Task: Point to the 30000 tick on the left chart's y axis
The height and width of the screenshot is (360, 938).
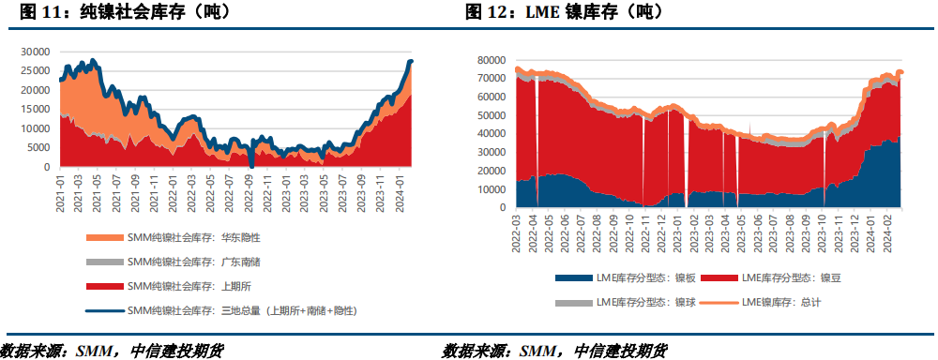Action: point(36,52)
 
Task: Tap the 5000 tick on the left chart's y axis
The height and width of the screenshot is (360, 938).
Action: point(38,147)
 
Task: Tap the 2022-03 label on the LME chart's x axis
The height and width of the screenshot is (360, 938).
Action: point(519,233)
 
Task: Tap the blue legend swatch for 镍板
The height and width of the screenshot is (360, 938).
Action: point(574,278)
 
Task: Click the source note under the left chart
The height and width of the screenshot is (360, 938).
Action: point(113,351)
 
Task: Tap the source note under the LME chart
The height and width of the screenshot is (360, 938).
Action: point(554,351)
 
